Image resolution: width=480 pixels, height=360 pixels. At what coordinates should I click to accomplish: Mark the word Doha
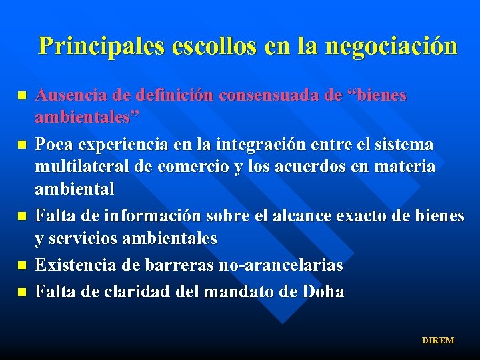click(323, 291)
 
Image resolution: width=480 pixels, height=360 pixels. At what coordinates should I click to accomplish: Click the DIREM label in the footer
click(437, 341)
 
